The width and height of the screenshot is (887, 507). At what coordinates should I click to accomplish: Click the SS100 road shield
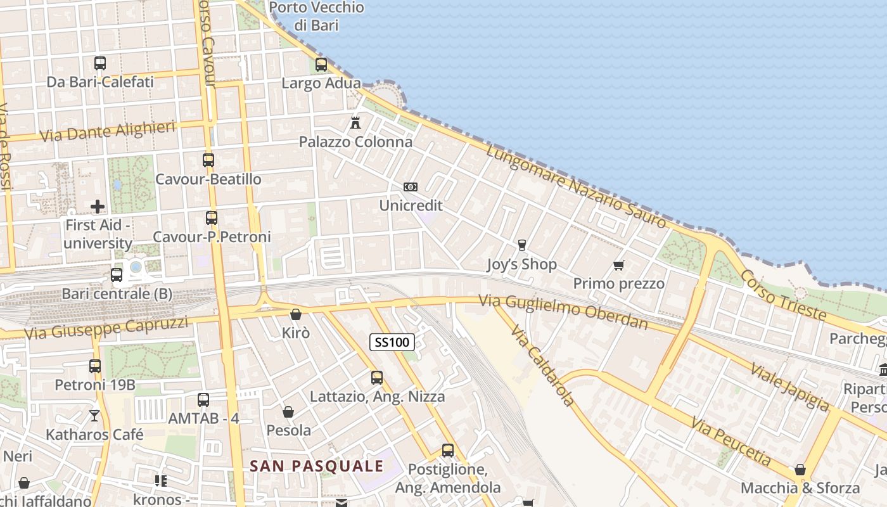point(392,342)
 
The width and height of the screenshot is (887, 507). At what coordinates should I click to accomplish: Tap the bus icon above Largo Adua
point(321,64)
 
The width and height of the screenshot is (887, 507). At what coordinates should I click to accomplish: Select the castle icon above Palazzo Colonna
point(355,122)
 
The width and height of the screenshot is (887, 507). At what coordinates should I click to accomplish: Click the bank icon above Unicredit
point(411,187)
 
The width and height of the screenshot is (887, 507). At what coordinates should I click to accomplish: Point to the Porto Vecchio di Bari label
point(317,16)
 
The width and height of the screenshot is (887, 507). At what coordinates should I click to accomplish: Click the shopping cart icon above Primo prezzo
point(618,265)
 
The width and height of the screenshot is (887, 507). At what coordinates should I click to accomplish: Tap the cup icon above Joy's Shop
point(522,245)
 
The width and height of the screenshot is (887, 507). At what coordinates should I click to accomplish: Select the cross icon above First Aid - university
point(98,206)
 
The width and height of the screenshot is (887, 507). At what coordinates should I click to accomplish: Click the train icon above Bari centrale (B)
point(117,275)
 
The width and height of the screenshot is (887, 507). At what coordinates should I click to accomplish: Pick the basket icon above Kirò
point(295,314)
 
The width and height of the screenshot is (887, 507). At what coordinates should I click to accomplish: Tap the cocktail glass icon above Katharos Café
point(94,416)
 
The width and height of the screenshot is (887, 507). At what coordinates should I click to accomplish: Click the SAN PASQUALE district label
point(317,466)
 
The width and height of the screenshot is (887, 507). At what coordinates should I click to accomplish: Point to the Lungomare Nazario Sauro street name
point(577,186)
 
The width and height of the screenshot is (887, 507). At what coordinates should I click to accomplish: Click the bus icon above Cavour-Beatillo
point(208,160)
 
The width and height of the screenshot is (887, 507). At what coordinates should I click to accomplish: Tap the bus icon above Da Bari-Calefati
point(100,63)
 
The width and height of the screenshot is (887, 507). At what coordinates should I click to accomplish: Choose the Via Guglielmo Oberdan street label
point(563,312)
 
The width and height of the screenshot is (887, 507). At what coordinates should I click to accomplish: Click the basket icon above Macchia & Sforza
point(800,470)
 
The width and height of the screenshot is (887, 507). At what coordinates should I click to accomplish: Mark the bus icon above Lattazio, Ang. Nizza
point(377,378)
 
